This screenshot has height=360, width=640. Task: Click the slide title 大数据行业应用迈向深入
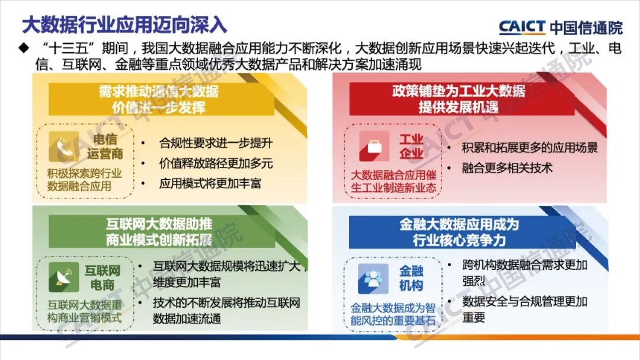click(x=124, y=25)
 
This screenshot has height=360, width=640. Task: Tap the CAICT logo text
click(x=521, y=27)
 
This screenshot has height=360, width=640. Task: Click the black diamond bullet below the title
click(x=24, y=48)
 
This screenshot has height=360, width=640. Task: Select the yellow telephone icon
click(x=63, y=147)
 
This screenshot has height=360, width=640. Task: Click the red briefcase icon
click(x=374, y=146)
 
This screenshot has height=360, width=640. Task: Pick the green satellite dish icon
click(x=63, y=277)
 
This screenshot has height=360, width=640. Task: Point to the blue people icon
click(x=373, y=279)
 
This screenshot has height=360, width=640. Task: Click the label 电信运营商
click(x=105, y=146)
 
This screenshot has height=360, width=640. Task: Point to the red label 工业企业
click(x=411, y=146)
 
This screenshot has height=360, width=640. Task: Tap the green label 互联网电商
click(x=103, y=278)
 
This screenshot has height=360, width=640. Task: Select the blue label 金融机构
click(x=411, y=278)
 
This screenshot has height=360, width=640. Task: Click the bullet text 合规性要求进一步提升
click(x=216, y=143)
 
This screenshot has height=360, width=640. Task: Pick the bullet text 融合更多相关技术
click(x=507, y=168)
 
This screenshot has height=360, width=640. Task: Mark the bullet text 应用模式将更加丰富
click(x=210, y=184)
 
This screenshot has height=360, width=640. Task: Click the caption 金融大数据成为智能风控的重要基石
click(x=393, y=314)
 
